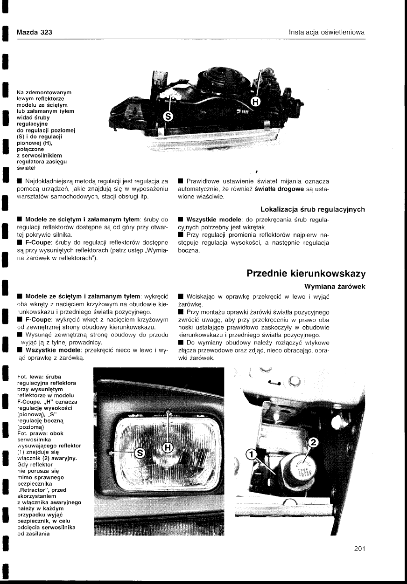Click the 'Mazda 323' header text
click(34, 32)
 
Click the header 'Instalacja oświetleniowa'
click(326, 32)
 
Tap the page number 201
click(359, 549)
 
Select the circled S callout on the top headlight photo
click(168, 116)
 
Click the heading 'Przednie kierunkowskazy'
click(306, 273)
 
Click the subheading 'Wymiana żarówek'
click(334, 286)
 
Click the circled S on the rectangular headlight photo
click(140, 452)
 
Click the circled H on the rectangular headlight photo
click(168, 448)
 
